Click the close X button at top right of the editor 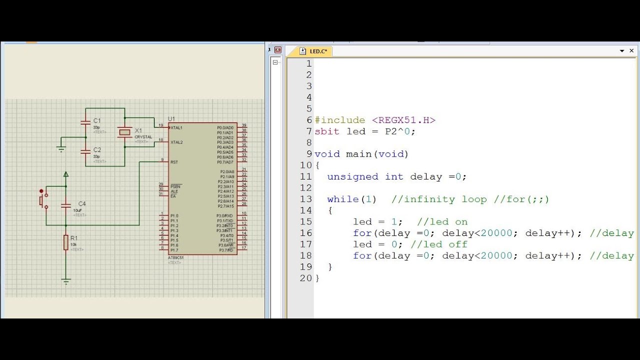[632, 50]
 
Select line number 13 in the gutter [306, 199]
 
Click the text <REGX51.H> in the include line [403, 120]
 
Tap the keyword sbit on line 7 [327, 131]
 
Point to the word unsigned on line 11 [352, 176]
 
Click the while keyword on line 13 [342, 199]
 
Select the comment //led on [442, 221]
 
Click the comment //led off [439, 244]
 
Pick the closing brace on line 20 [317, 278]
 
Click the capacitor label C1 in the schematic [97, 120]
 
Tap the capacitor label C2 [97, 149]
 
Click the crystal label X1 [138, 130]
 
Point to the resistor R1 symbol [66, 242]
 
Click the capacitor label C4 [82, 203]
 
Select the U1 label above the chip [171, 118]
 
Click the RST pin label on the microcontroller [174, 162]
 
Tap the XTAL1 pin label [176, 127]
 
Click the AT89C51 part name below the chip [175, 258]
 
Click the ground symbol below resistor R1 [66, 281]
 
